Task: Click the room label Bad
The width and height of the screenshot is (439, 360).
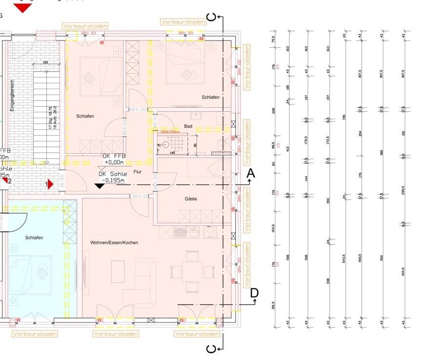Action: coord(188,126)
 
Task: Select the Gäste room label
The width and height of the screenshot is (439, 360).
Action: coord(190,199)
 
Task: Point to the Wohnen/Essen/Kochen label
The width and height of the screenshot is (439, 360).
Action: coord(114,242)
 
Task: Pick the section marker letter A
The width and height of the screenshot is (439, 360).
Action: coord(251,173)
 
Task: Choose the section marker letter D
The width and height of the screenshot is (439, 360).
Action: coord(254,293)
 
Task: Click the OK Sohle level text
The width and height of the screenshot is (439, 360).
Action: coord(113,174)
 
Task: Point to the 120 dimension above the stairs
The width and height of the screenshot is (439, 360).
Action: coord(45,62)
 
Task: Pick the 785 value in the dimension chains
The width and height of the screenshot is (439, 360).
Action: coord(344,117)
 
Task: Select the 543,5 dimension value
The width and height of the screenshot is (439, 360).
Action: coord(344,258)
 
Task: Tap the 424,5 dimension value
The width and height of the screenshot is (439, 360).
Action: coord(403,271)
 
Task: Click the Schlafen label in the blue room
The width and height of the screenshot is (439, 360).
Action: coord(34,238)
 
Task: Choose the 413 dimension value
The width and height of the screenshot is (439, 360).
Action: coord(288,149)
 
